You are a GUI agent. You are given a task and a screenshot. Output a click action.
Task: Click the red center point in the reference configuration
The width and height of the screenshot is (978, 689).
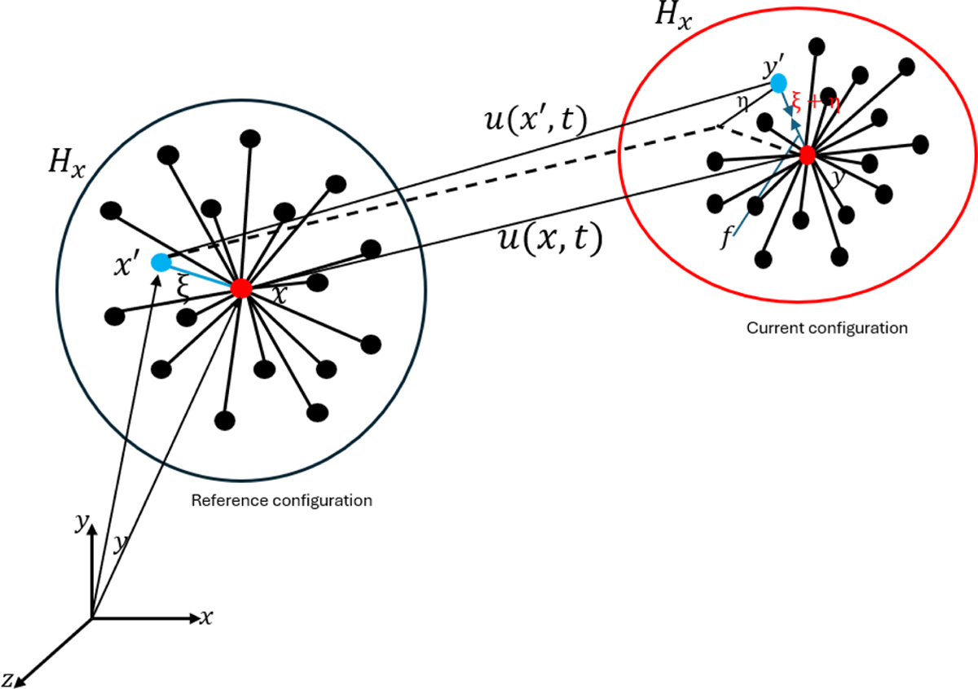240,287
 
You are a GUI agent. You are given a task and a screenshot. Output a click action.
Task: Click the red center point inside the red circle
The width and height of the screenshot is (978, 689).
808,155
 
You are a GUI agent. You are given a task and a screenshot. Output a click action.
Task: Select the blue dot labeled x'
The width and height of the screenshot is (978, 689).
161,262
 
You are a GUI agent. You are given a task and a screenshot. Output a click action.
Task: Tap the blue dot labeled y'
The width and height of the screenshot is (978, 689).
778,83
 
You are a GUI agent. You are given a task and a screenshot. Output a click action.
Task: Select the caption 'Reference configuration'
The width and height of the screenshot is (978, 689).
281,500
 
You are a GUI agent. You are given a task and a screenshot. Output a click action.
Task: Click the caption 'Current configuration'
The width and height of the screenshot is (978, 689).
827,328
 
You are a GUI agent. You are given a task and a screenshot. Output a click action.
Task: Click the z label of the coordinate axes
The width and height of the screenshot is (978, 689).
7,678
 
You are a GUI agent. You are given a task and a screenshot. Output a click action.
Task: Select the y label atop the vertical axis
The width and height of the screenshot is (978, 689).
81,524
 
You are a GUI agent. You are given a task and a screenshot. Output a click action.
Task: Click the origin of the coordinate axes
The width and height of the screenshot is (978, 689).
91,618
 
